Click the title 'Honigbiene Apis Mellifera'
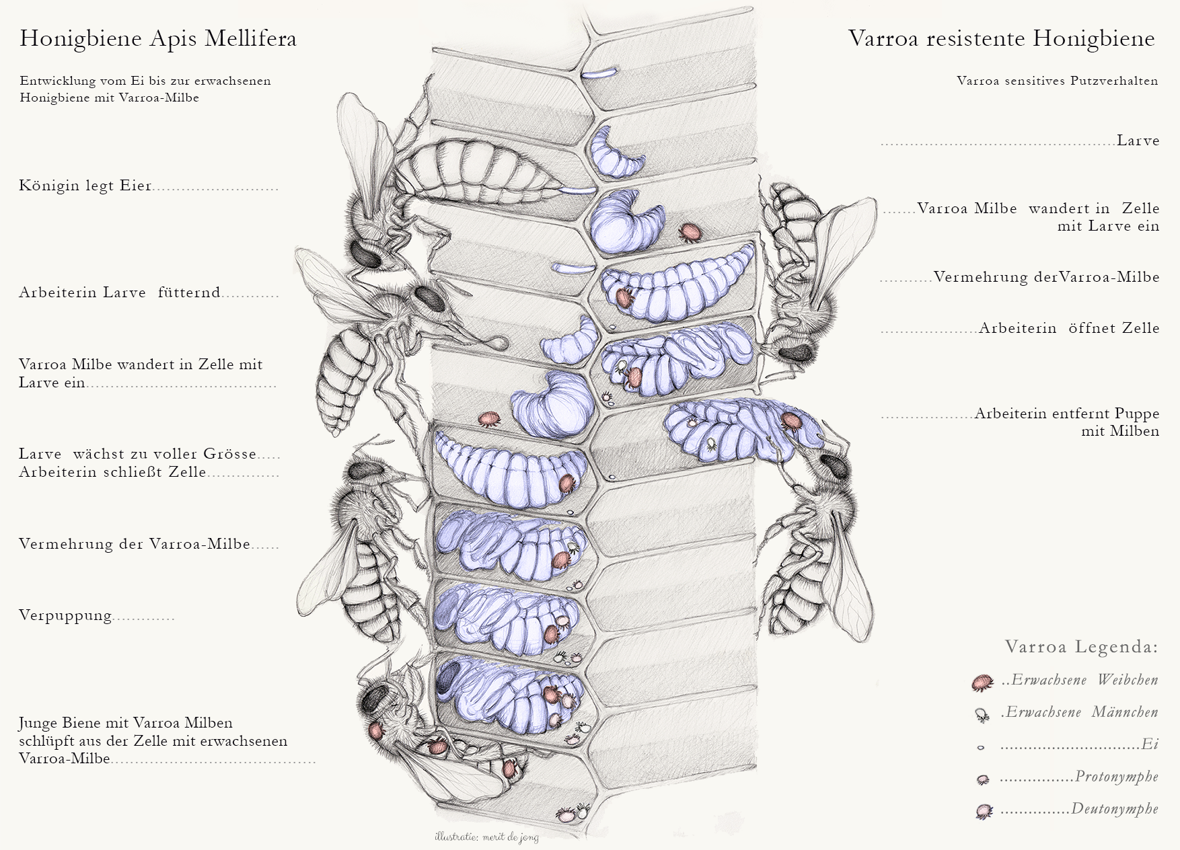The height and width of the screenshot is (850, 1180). coord(158,38)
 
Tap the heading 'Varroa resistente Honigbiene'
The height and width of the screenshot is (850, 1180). coord(1001,38)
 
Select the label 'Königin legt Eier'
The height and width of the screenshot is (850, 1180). coord(85,186)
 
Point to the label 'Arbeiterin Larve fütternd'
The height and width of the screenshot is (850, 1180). coord(120,293)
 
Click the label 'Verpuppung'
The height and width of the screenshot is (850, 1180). coord(65,615)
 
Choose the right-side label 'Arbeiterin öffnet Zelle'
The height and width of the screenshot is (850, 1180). coord(1068,328)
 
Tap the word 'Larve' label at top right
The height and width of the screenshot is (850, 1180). coord(1138,141)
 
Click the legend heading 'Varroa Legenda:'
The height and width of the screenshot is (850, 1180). coord(1081,647)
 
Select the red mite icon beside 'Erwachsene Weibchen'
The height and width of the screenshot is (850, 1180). coord(982,683)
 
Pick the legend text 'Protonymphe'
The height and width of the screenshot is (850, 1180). coord(1116,777)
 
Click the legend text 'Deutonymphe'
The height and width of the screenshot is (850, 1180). coord(1114,809)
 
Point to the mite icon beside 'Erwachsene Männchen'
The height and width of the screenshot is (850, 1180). coord(982,715)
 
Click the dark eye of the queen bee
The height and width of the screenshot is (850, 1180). coord(366,254)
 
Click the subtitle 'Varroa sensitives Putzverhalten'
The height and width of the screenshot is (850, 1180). coord(1057,81)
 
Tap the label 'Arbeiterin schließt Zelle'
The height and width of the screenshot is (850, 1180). coord(112,472)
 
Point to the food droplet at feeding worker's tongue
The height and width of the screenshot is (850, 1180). coord(499,343)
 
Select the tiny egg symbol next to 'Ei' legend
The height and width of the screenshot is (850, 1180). coord(981,747)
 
